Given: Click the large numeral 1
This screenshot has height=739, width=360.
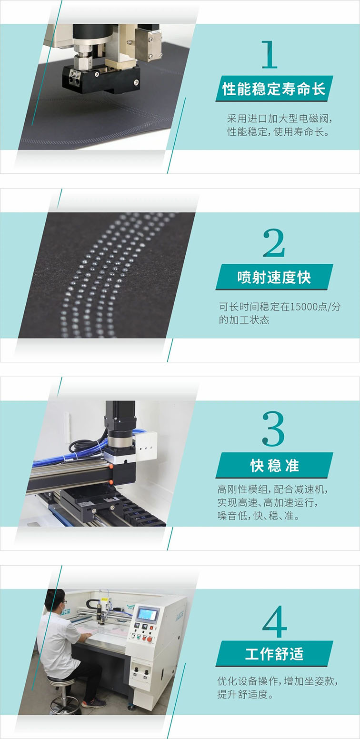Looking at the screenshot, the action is coord(270,55).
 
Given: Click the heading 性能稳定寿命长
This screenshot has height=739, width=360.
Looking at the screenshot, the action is coord(274,89).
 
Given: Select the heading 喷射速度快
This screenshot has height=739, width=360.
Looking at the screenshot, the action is coord(274,278).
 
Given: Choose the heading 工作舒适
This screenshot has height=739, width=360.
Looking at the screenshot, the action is coord(274,654).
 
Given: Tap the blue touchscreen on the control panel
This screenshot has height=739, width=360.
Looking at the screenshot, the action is coord(147,614).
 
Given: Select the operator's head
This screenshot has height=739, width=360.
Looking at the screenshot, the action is coord(54,601).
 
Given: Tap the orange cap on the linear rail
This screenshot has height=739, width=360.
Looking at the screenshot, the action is coord(111,467).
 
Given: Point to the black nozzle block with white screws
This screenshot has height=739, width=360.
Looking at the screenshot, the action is coord(101,79).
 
